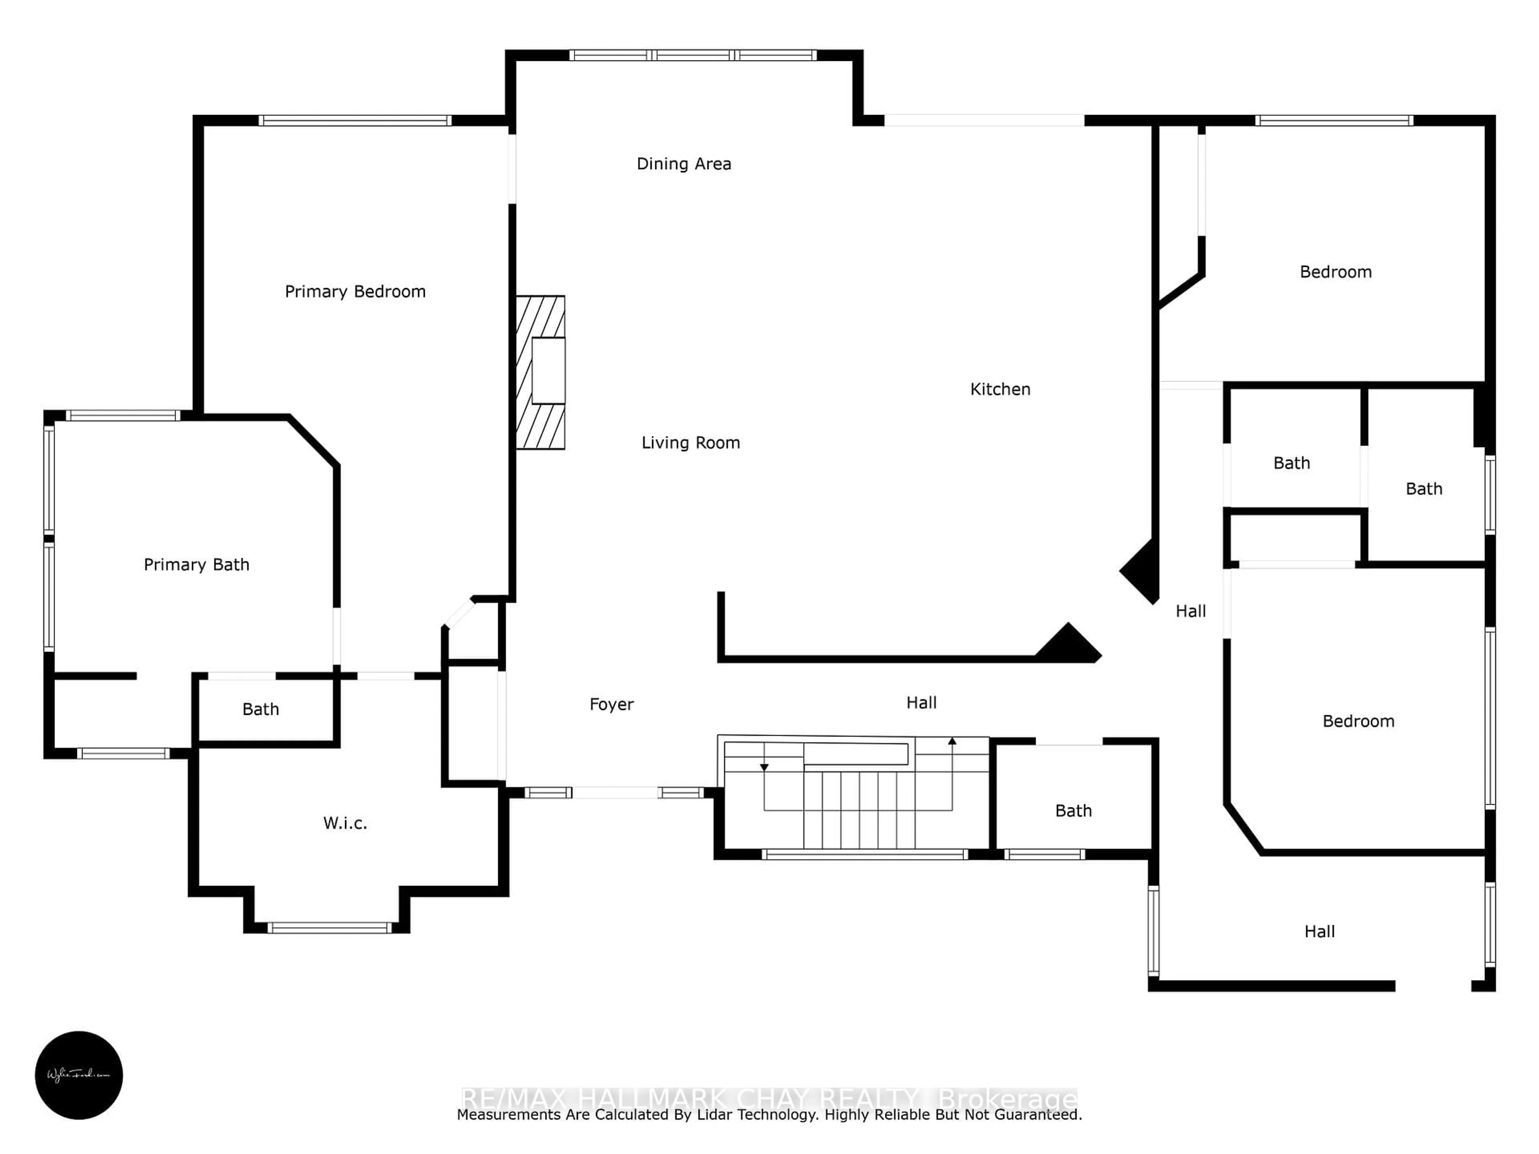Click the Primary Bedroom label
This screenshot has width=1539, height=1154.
[355, 291]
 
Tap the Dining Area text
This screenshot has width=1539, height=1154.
[683, 164]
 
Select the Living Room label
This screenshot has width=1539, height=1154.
[690, 442]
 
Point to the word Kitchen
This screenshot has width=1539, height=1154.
[1000, 389]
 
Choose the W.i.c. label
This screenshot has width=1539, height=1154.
[344, 823]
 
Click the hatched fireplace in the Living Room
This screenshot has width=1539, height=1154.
[540, 372]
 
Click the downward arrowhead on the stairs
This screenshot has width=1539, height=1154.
[764, 767]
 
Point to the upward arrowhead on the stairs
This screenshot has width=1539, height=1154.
[952, 742]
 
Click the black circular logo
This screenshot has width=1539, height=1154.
[79, 1075]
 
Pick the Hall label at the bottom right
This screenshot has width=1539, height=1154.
[1319, 931]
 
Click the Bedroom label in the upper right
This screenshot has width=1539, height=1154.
[1335, 272]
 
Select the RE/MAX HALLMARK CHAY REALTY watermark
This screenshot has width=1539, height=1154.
[768, 1098]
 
